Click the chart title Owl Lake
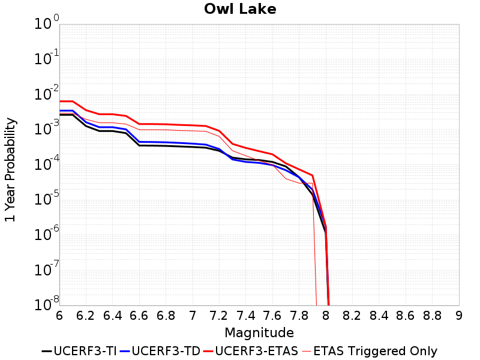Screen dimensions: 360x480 coord(240,9)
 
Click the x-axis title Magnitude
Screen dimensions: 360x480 coord(259,332)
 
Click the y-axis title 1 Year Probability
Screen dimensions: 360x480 coord(10,170)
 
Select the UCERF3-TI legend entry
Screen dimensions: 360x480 coord(79,351)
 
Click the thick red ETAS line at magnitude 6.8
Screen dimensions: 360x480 coord(166,124)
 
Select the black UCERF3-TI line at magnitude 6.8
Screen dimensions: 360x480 coord(166,146)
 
